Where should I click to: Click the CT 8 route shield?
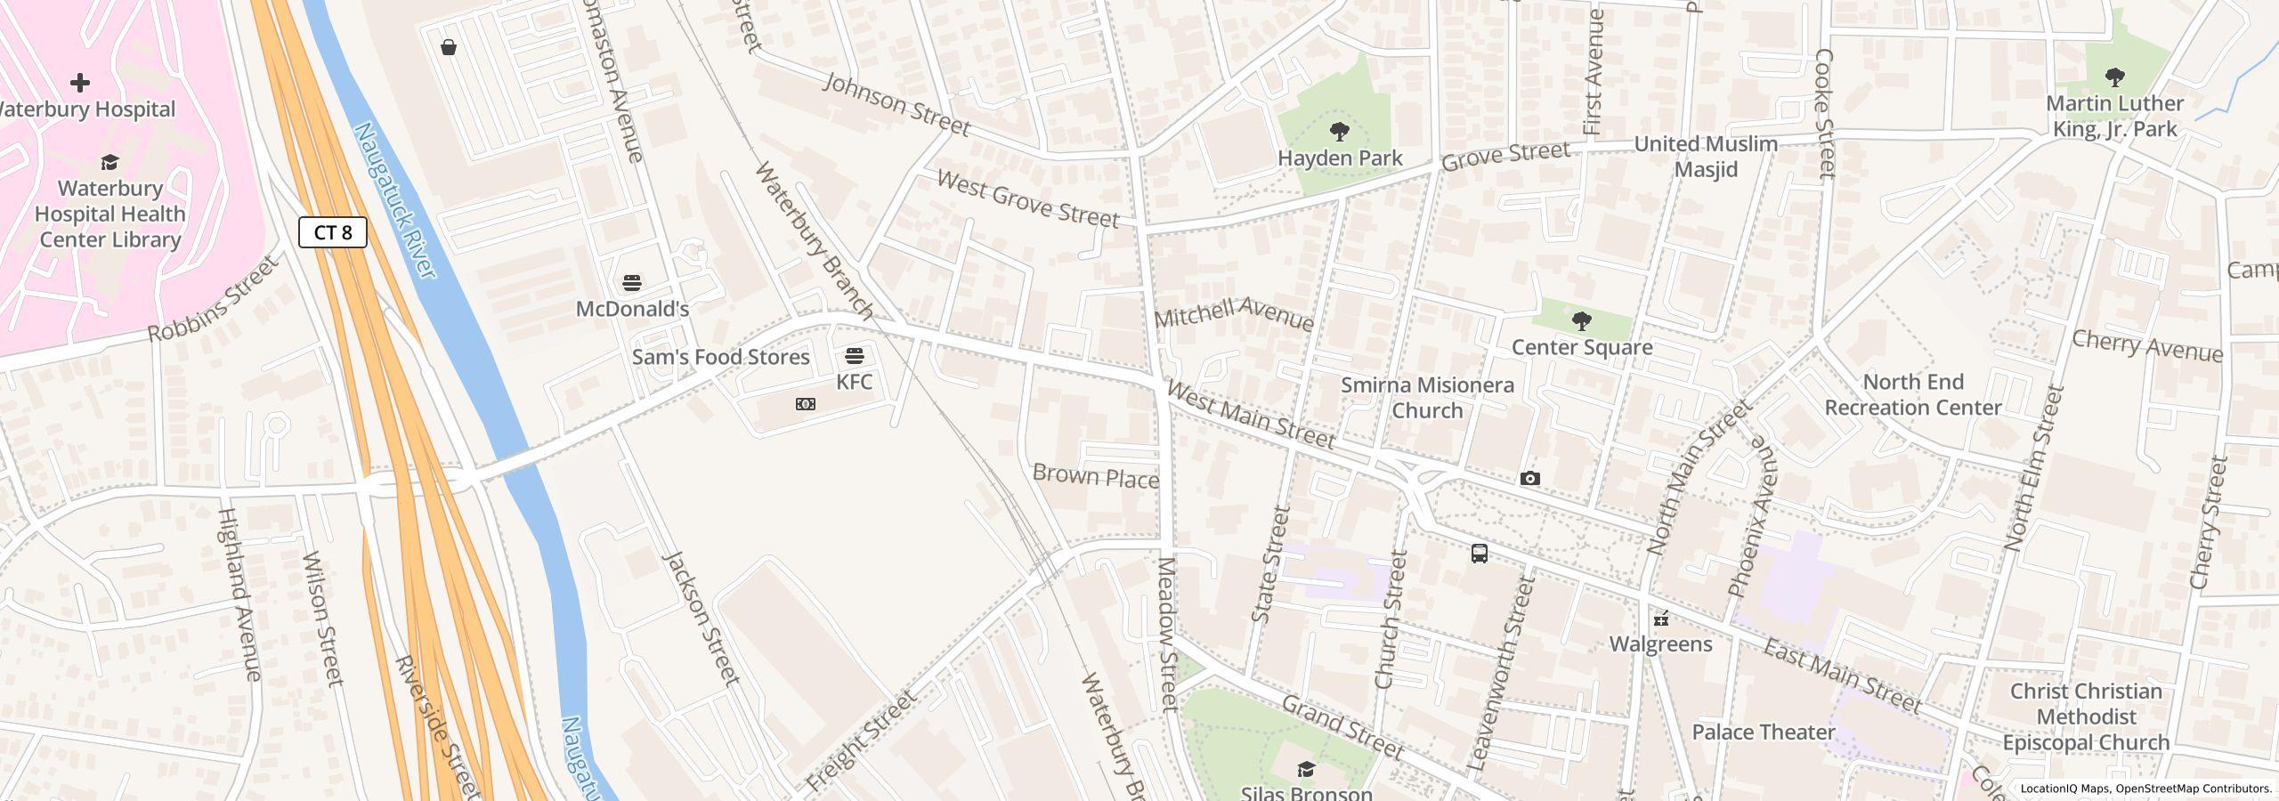[333, 232]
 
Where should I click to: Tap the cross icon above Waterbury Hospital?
[80, 83]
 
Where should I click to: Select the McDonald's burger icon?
[632, 283]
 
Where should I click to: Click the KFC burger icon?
[854, 356]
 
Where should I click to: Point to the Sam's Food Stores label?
[720, 357]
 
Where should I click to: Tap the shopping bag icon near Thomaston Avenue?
[449, 47]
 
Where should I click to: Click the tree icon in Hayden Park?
[1339, 133]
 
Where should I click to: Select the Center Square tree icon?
[1581, 320]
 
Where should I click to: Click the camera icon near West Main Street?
[1529, 479]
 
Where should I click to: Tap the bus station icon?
[1479, 554]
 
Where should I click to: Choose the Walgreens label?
[1660, 643]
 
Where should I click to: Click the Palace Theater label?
[1763, 732]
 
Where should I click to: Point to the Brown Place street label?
[1095, 477]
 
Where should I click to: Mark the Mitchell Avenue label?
[1233, 314]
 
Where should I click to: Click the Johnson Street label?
[896, 105]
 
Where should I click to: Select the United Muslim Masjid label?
[1705, 157]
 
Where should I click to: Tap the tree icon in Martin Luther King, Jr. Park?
[2114, 77]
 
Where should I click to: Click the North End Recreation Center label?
[1912, 394]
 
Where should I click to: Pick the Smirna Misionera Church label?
[1426, 398]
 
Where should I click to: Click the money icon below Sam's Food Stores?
[805, 404]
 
